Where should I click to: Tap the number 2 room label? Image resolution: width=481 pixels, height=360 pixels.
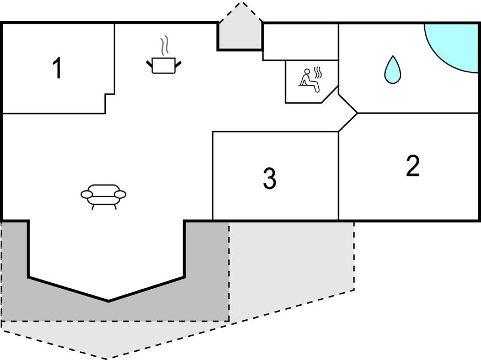[413, 166]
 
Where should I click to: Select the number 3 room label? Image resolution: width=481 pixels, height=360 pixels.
[269, 178]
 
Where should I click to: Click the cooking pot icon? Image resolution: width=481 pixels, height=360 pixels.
[163, 65]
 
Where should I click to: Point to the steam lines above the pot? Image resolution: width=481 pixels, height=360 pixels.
[164, 46]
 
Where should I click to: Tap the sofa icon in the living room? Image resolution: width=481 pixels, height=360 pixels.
[103, 195]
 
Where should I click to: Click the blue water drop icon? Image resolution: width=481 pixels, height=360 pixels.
[392, 70]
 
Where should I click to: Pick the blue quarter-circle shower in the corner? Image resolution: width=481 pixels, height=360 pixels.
[457, 44]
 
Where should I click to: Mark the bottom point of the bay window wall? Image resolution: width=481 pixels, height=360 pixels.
[108, 301]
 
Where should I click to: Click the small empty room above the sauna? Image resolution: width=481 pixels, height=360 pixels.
[300, 41]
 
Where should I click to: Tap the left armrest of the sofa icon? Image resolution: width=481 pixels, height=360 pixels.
[87, 194]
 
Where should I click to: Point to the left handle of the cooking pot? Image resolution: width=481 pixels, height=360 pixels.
[149, 65]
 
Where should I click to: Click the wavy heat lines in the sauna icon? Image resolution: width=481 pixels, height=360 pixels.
[318, 72]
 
